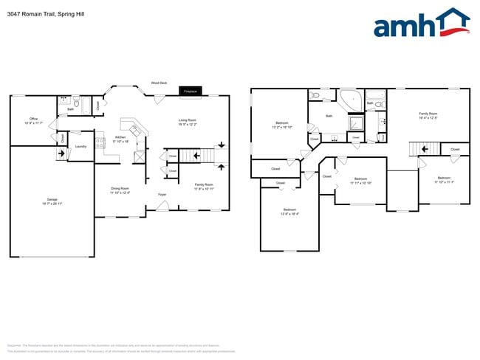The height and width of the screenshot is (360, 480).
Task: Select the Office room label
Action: click(x=34, y=120)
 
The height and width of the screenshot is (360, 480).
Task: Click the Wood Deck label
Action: click(x=158, y=83)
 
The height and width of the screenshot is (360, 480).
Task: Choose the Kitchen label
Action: click(x=120, y=138)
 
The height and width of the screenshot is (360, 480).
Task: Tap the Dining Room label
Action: click(x=120, y=190)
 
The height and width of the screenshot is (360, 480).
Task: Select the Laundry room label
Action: click(x=80, y=146)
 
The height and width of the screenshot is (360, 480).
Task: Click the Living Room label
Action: click(x=187, y=121)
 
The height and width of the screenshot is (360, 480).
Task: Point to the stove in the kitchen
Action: click(x=100, y=143)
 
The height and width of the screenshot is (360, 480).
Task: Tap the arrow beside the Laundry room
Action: click(x=60, y=153)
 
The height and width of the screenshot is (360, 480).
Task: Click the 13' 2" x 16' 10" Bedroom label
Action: click(x=282, y=125)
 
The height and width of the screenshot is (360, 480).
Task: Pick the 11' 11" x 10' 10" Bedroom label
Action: click(x=360, y=180)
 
